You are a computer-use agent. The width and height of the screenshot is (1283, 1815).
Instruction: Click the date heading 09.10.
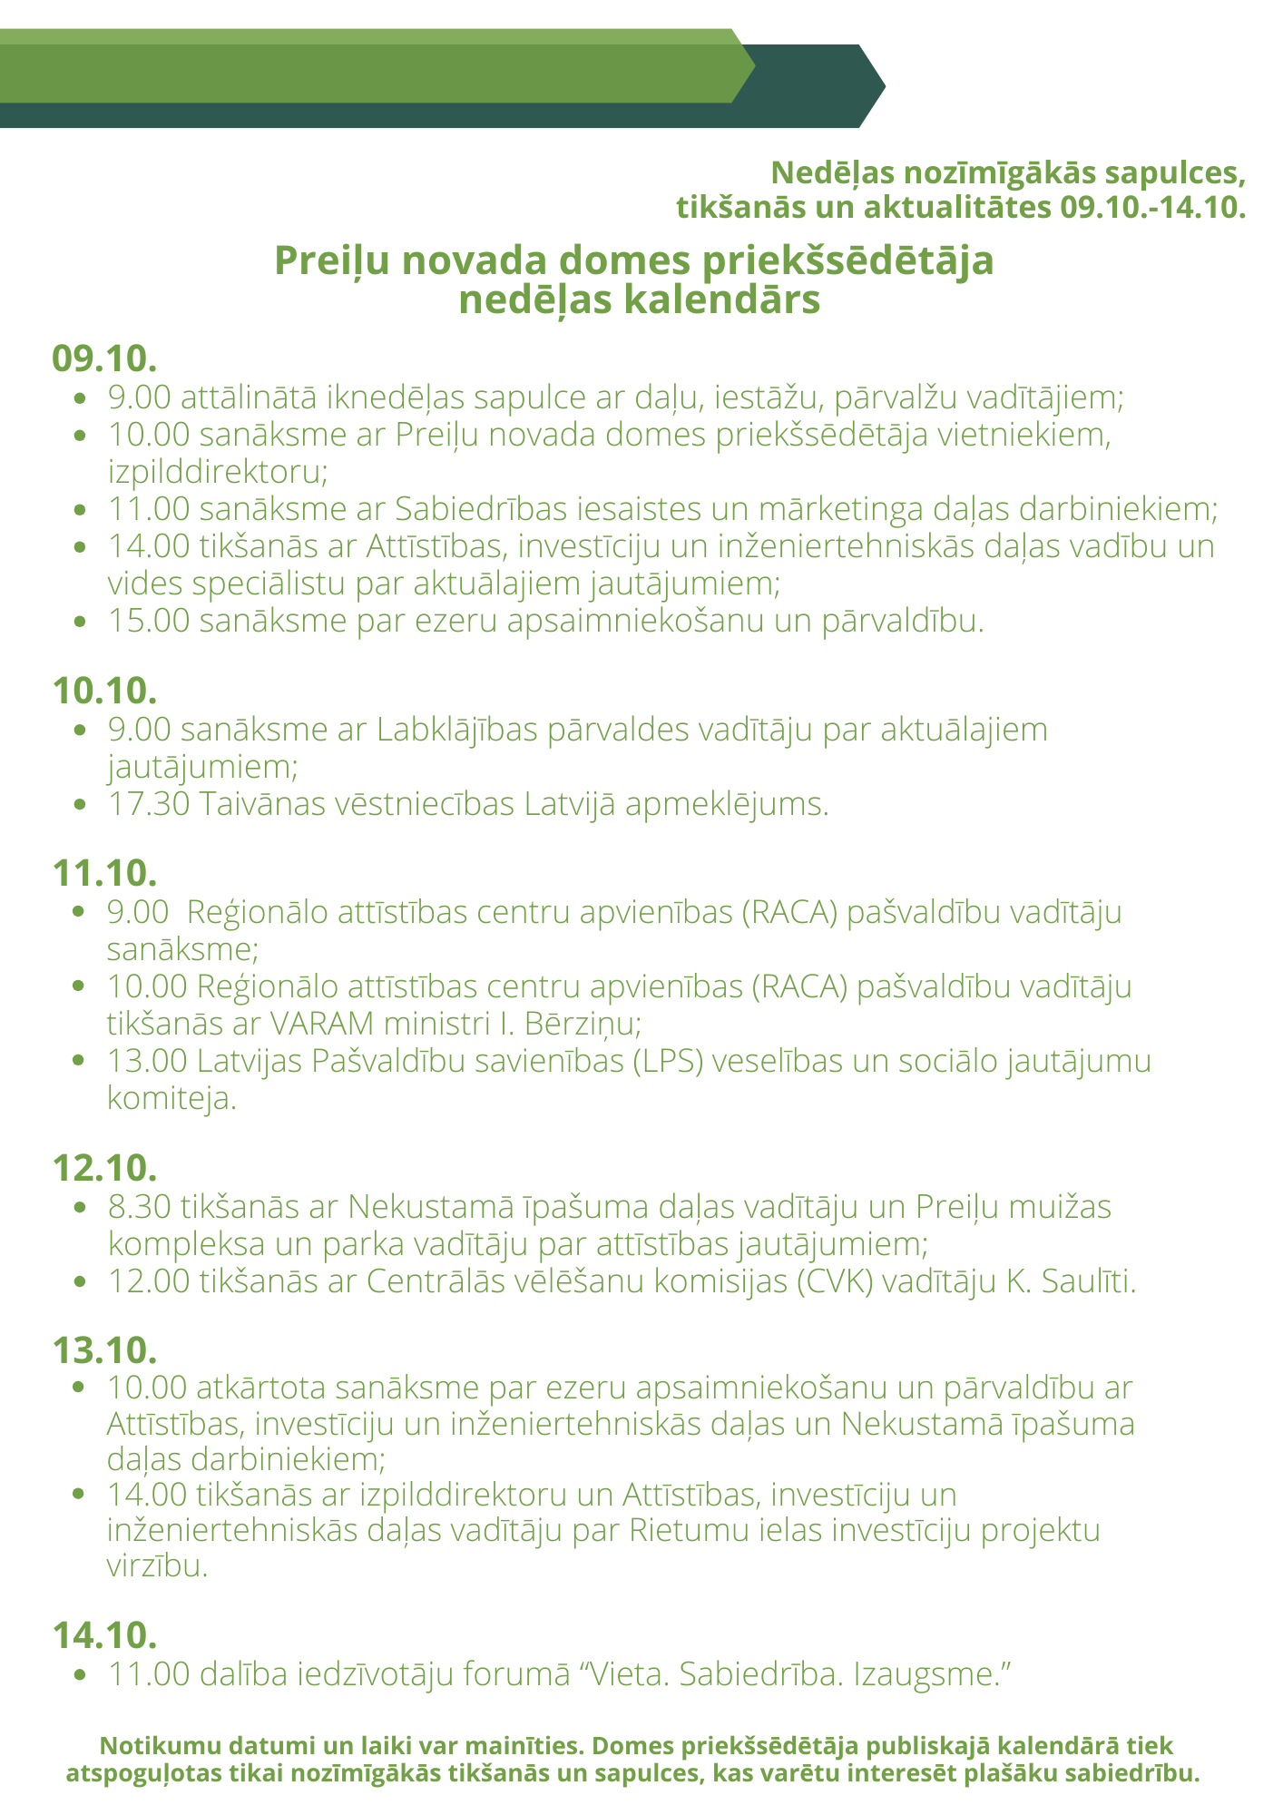click(x=104, y=358)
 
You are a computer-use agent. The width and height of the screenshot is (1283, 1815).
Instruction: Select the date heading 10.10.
click(x=104, y=691)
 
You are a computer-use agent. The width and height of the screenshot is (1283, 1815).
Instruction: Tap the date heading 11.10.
click(x=104, y=873)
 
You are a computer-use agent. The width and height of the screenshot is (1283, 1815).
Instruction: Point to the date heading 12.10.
click(x=104, y=1168)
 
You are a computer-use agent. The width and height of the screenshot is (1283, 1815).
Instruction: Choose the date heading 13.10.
click(x=104, y=1349)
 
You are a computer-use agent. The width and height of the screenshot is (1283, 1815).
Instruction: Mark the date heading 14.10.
click(x=104, y=1634)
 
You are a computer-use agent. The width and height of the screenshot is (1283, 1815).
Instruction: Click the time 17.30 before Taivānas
click(x=148, y=804)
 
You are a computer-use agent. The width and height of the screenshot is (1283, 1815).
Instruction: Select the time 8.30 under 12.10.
click(x=140, y=1207)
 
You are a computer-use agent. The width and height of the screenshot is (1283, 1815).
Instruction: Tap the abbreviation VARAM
click(x=322, y=1024)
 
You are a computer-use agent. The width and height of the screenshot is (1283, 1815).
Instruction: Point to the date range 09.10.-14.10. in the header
click(x=1151, y=208)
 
